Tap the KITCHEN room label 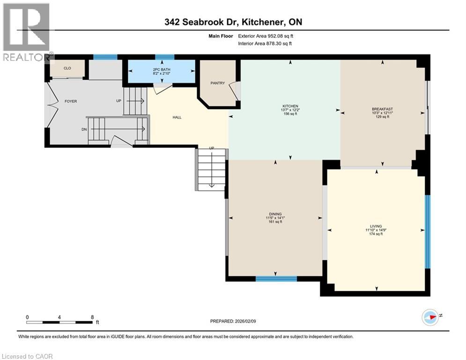290,106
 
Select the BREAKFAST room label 379,108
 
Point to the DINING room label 275,214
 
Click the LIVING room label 376,225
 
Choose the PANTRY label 218,83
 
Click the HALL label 177,117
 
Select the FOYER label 71,101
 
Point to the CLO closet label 67,68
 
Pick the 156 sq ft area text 290,114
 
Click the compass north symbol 430,317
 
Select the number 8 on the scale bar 92,316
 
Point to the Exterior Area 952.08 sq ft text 265,36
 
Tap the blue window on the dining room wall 276,278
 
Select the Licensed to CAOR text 27,356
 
